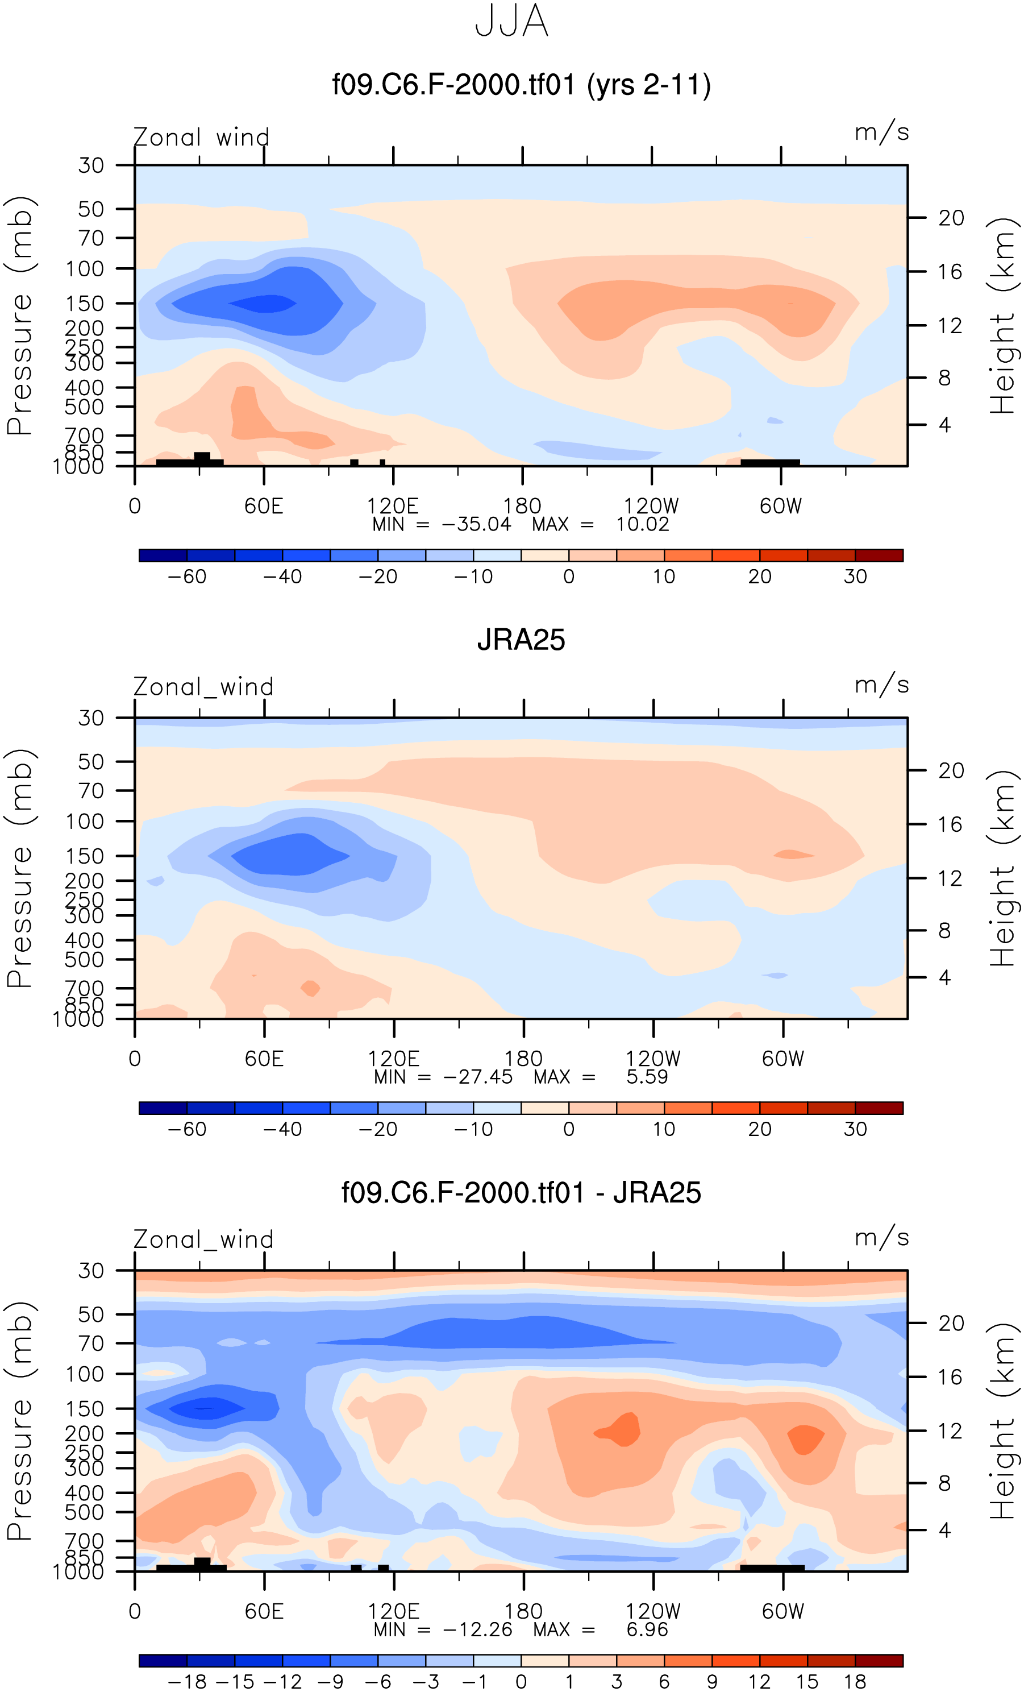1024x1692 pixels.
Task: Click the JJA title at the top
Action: click(x=511, y=21)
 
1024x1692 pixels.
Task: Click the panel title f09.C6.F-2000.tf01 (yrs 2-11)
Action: click(x=521, y=85)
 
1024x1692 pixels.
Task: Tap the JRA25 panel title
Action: click(x=521, y=640)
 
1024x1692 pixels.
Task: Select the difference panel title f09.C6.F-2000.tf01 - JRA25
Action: click(x=521, y=1193)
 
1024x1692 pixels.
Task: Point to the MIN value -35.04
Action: click(x=476, y=525)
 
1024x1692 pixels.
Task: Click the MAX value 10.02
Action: click(x=642, y=525)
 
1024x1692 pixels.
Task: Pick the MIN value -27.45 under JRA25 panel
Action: click(x=478, y=1077)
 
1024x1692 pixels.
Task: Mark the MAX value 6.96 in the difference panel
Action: click(x=647, y=1629)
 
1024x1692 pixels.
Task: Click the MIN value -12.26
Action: click(x=478, y=1629)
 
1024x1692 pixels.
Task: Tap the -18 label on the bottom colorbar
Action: click(x=187, y=1682)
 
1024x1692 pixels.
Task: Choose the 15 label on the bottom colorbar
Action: click(x=807, y=1682)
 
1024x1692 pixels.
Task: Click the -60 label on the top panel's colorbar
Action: click(x=187, y=577)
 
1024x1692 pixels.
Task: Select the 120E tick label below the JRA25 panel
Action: click(x=393, y=1058)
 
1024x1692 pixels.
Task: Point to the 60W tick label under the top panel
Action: click(x=780, y=506)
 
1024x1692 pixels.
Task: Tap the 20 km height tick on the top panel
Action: click(x=951, y=218)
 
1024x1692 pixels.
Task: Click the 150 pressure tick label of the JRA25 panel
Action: click(x=85, y=856)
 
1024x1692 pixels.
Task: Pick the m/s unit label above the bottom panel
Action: click(x=882, y=1237)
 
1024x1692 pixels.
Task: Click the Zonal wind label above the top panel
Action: click(x=201, y=138)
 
